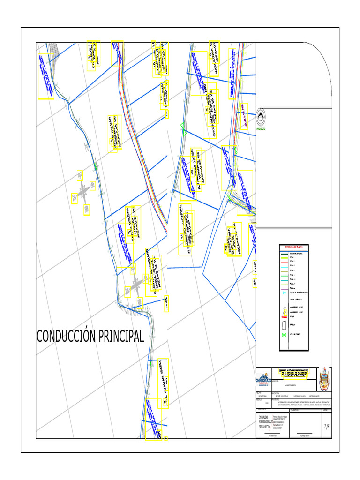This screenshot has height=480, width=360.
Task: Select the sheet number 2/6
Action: (327, 426)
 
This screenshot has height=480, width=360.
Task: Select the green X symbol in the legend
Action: (284, 334)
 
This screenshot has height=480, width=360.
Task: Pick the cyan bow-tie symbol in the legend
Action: (284, 292)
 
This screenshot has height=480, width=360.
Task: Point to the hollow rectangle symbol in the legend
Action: (284, 324)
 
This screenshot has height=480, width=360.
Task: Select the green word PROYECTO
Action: (261, 128)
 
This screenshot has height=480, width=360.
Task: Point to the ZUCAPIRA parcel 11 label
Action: (185, 229)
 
